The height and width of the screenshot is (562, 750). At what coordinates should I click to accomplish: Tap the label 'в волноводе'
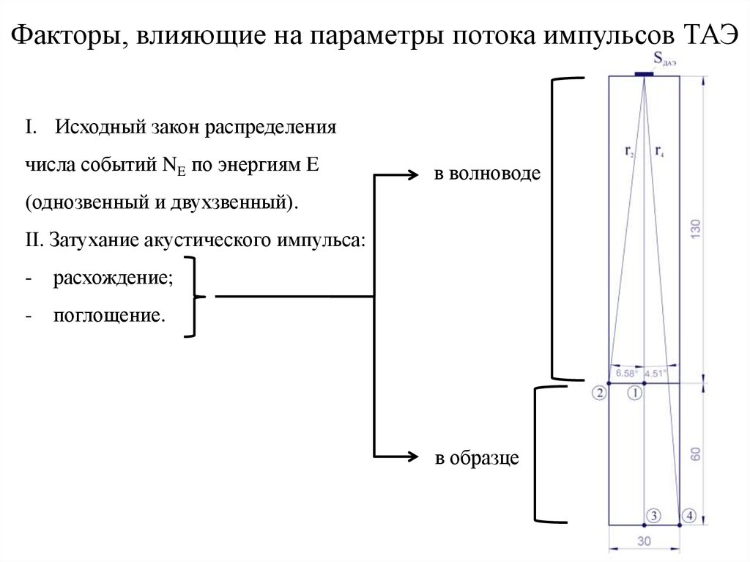pos(487,174)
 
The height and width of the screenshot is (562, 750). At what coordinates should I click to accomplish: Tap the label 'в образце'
pos(477,459)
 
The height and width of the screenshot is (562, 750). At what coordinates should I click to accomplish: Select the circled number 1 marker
pos(635,393)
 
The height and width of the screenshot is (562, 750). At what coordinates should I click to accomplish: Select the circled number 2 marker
pos(599,393)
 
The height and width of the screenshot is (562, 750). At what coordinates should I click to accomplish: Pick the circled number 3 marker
pos(654,515)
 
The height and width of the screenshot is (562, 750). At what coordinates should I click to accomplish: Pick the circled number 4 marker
pos(688,515)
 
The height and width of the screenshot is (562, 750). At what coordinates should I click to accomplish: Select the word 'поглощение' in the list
pos(105,317)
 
